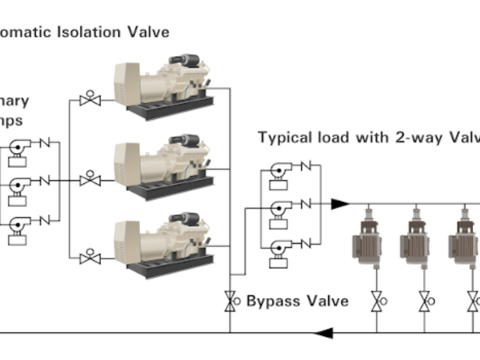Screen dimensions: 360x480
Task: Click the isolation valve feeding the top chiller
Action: [90, 100]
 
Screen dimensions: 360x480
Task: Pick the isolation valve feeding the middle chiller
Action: [90, 180]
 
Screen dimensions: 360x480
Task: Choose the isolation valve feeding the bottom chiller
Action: [90, 258]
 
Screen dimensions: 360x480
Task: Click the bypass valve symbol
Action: [230, 301]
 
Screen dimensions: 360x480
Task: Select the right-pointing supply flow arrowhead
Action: [340, 204]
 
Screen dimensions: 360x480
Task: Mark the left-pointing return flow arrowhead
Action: [324, 332]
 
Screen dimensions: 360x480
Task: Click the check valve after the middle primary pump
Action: [45, 181]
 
